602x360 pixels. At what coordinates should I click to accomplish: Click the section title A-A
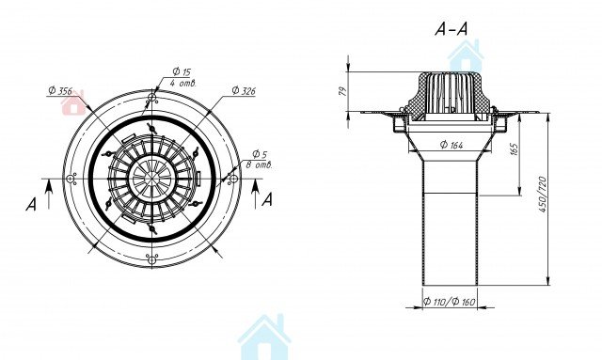tap(451, 29)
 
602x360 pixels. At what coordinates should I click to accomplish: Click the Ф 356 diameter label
tap(60, 90)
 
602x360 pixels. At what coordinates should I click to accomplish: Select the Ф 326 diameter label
tap(244, 90)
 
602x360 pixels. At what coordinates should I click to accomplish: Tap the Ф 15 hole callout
tap(182, 71)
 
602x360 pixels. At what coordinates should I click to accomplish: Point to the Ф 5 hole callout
tap(260, 154)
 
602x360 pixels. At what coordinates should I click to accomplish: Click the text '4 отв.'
tap(183, 83)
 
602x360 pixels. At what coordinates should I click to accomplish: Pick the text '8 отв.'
tap(259, 165)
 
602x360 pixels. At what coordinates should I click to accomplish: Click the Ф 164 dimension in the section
tap(451, 145)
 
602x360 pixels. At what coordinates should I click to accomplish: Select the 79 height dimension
tap(343, 91)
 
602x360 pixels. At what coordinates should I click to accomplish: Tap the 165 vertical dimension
tap(515, 149)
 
